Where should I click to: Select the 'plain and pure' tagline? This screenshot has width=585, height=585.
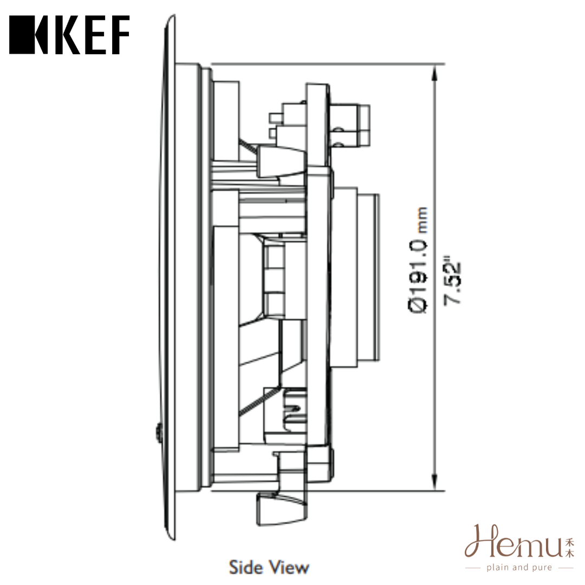tap(519, 568)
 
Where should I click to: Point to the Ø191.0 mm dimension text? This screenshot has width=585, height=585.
tap(419, 260)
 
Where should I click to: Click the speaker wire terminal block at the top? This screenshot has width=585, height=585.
tap(349, 125)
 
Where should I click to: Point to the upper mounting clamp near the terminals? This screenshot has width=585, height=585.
tap(282, 160)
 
